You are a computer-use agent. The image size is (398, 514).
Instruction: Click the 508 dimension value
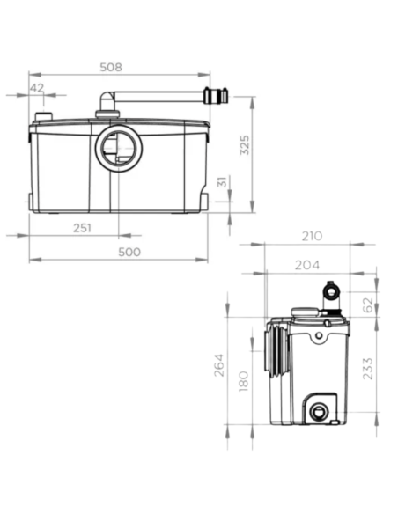click(x=135, y=66)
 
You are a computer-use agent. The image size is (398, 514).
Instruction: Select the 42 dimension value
click(x=37, y=87)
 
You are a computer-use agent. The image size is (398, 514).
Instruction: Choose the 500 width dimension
click(x=130, y=253)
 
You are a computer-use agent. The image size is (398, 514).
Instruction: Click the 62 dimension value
click(x=368, y=305)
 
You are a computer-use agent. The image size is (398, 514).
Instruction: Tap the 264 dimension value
click(x=219, y=363)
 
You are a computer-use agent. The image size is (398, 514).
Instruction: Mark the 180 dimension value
click(x=245, y=381)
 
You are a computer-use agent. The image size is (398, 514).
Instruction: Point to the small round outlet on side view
click(x=317, y=410)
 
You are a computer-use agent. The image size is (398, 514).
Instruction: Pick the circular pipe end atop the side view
click(x=331, y=290)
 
